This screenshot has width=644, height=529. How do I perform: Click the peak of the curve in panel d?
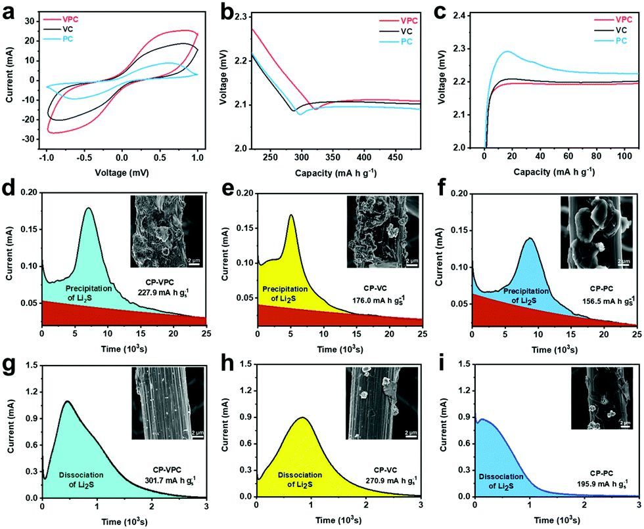click(x=88, y=209)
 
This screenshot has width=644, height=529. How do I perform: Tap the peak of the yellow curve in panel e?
click(x=290, y=215)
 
